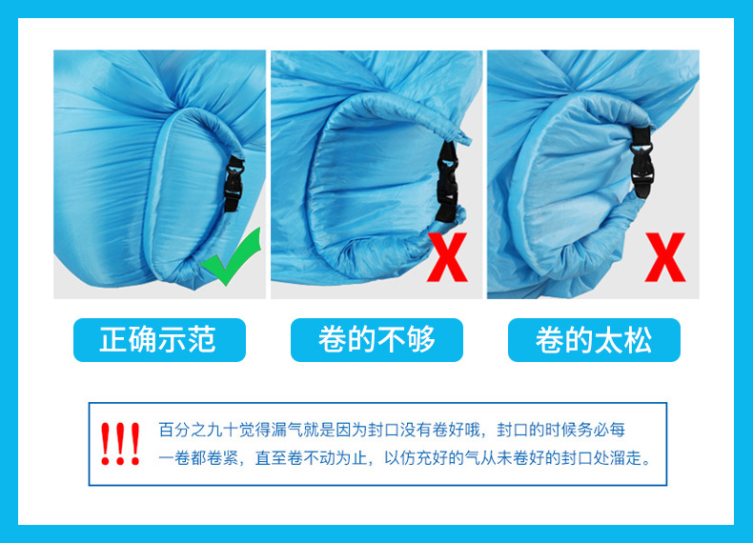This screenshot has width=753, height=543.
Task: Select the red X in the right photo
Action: tap(664, 254)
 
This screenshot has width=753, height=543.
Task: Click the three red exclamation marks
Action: tap(120, 444)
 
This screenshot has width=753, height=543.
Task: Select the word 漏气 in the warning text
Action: tap(274, 430)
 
